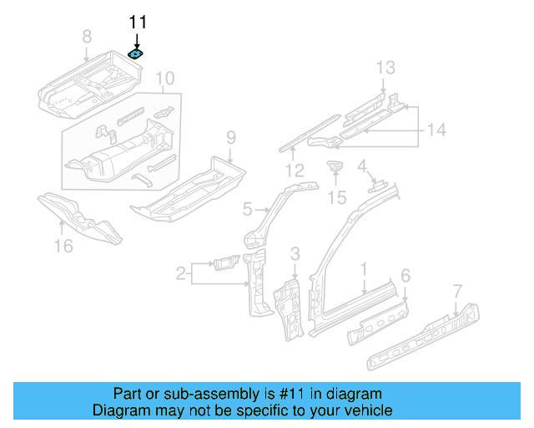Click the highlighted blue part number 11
pyautogui.click(x=135, y=53)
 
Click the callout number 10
pyautogui.click(x=165, y=79)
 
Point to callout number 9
pyautogui.click(x=231, y=138)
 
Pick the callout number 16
pyautogui.click(x=63, y=245)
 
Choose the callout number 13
pyautogui.click(x=384, y=68)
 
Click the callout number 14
pyautogui.click(x=436, y=130)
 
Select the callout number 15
pyautogui.click(x=335, y=197)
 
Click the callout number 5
pyautogui.click(x=248, y=208)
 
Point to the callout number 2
pyautogui.click(x=180, y=272)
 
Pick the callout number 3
pyautogui.click(x=295, y=253)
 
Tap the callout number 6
pyautogui.click(x=406, y=276)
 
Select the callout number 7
pyautogui.click(x=456, y=291)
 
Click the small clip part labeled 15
pyautogui.click(x=335, y=168)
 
